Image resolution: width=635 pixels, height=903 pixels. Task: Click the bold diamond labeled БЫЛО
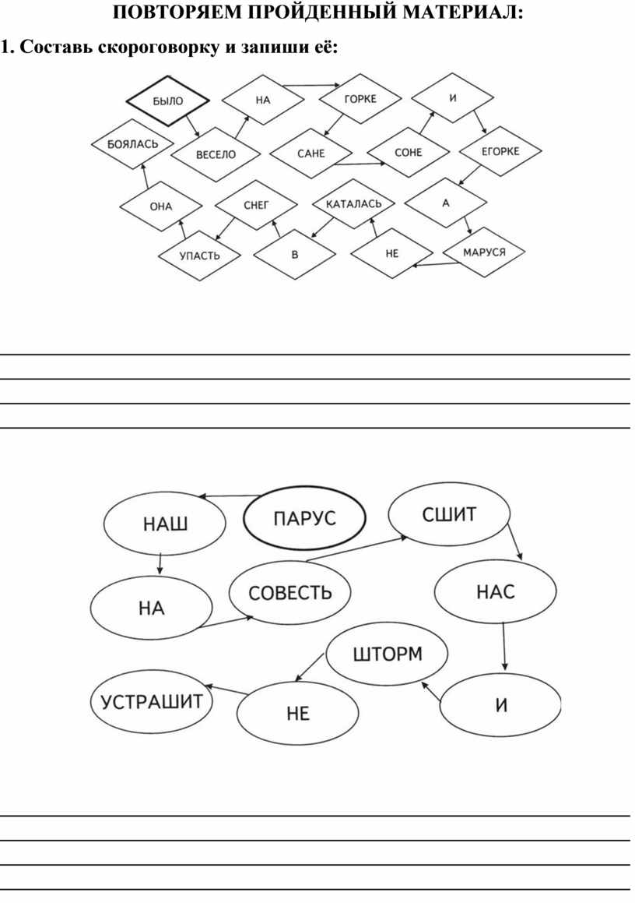(167, 101)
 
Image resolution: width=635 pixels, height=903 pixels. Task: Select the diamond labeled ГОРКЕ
(360, 98)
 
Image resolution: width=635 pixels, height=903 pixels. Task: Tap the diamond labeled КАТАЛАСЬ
(354, 204)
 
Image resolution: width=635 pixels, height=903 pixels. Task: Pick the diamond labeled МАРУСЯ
(484, 252)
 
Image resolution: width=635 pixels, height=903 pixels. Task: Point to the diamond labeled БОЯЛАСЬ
(132, 144)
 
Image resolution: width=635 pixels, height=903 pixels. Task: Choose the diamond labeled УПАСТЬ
(199, 256)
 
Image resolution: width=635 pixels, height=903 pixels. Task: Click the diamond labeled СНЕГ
(256, 205)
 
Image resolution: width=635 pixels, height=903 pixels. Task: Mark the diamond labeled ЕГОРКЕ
(500, 151)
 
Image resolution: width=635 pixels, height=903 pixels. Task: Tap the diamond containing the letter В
(294, 255)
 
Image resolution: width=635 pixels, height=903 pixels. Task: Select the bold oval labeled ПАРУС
(305, 518)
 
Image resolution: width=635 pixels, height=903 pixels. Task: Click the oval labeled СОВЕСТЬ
(290, 593)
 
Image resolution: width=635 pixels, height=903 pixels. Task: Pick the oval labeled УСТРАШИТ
(152, 701)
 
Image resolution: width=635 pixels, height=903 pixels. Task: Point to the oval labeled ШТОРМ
(387, 654)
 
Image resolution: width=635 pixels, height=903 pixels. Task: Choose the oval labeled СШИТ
(449, 514)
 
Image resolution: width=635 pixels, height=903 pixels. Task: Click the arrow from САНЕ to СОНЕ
(360, 164)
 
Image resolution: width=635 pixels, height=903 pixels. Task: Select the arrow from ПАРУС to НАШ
(230, 496)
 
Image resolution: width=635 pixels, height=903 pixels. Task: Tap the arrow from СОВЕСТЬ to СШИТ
(356, 549)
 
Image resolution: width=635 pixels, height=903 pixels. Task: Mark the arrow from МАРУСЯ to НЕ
(436, 265)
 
